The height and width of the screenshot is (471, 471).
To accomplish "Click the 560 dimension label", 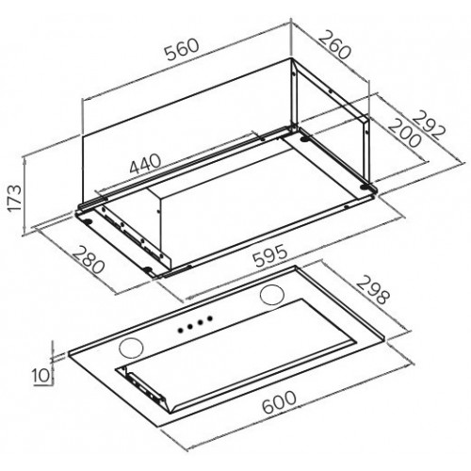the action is coord(183,49).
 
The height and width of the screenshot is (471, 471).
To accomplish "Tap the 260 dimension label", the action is coord(334,44).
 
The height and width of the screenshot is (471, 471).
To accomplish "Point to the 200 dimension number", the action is coord(404,133).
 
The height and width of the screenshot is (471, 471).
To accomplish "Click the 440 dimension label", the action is coord(145,164).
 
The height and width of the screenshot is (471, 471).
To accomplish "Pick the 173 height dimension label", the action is coord(14,200).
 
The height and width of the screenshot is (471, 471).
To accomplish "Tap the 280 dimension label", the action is coord(89,260).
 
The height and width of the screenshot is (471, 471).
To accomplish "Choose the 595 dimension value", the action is coord(270,256).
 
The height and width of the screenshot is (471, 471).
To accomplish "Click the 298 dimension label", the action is coord(373,290).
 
